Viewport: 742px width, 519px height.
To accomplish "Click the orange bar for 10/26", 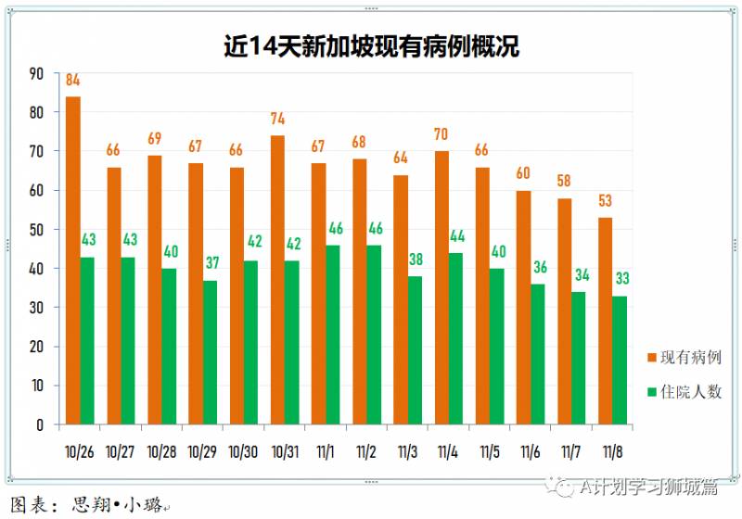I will tap(73, 260).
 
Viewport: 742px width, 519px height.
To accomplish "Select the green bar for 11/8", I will tap(620, 361).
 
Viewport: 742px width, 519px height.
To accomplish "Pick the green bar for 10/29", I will tap(211, 352).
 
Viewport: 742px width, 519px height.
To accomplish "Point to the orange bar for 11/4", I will tap(441, 287).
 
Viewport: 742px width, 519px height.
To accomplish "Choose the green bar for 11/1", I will tap(334, 335).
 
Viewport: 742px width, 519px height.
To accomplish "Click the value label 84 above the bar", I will tap(73, 81).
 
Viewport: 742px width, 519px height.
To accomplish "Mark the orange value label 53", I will tap(605, 201).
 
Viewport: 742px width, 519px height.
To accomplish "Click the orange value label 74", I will tap(277, 120).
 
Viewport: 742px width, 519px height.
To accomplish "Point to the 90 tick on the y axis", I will tap(36, 73).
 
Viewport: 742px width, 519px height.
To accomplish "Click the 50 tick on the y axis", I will tap(36, 230).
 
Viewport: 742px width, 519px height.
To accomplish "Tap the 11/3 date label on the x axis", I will tap(407, 451).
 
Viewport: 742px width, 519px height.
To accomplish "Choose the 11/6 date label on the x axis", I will tap(531, 451).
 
